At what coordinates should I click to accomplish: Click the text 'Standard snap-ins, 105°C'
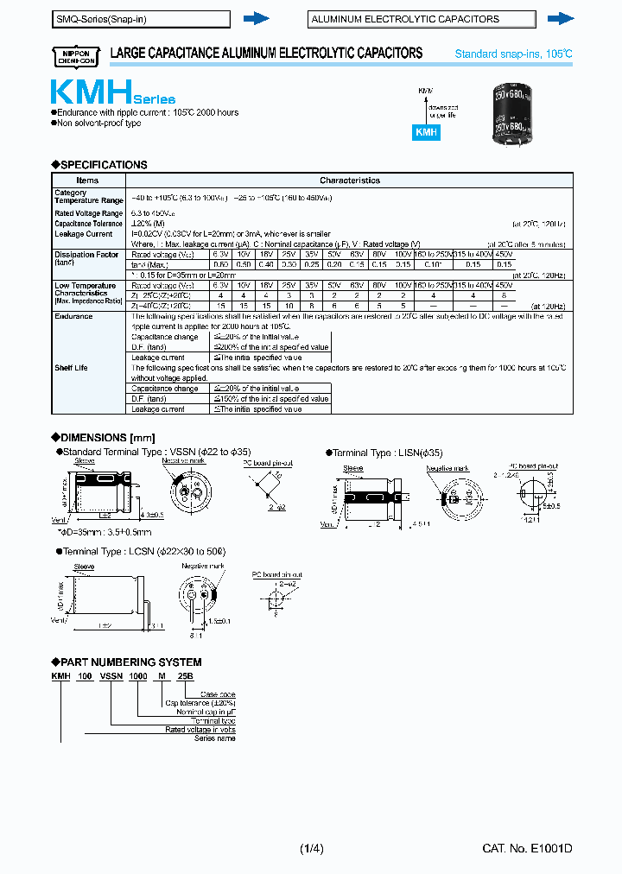[513, 54]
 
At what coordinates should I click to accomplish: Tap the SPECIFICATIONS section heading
[99, 165]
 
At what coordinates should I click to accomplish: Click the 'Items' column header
[88, 180]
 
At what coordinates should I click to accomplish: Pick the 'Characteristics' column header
[349, 180]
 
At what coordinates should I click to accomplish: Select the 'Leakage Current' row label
[83, 234]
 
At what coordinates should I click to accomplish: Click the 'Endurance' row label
[73, 317]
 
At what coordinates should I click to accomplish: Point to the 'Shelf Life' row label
[73, 368]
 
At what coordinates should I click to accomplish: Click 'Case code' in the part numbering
[218, 694]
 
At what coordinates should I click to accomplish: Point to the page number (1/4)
[310, 849]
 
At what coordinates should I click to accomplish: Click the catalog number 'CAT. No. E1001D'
[527, 849]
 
